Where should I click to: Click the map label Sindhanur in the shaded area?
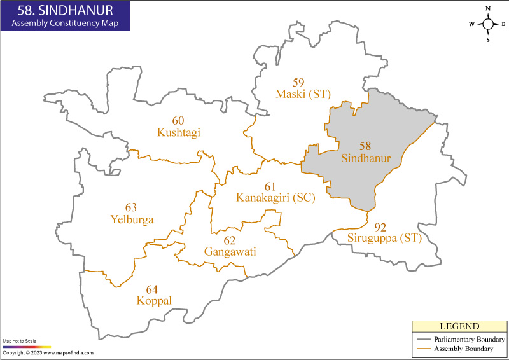point(365,158)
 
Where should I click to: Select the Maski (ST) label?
point(303,94)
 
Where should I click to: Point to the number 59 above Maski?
point(298,82)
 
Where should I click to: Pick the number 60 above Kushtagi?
point(178,120)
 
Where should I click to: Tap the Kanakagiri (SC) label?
point(275,198)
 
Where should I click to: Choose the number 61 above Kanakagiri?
point(270,186)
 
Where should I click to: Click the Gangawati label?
point(230,252)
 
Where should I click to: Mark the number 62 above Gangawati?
point(229,240)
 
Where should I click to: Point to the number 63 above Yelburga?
point(131,207)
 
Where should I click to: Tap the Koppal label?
point(154,300)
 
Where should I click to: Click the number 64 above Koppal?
point(152,288)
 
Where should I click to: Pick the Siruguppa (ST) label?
point(384,239)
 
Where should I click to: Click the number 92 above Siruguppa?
point(380,226)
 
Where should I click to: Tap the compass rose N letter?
point(488,9)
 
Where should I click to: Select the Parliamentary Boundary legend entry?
point(469,340)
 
